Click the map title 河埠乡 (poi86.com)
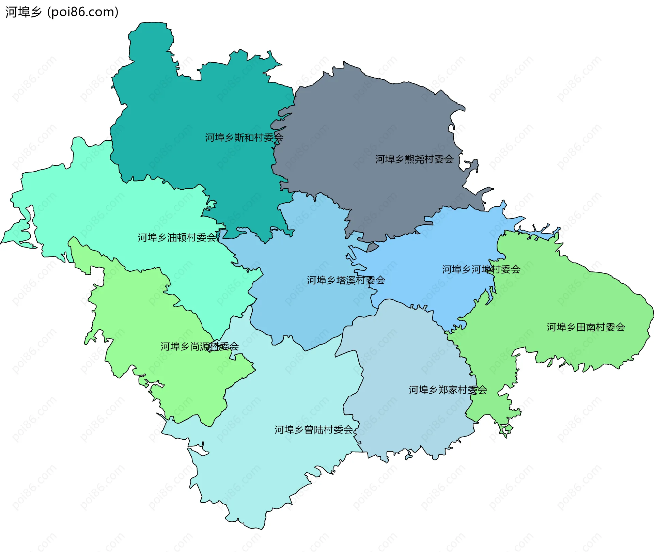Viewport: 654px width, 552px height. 62,12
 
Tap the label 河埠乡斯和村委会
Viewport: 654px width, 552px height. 244,138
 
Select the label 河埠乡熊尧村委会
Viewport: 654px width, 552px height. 414,159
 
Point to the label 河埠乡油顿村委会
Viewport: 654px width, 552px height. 177,237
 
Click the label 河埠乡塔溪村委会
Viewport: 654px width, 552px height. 346,280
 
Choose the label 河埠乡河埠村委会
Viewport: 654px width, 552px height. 481,269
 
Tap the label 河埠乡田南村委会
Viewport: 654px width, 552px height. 586,327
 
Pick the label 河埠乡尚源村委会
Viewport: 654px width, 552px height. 199,347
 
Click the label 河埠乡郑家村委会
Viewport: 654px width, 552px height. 448,390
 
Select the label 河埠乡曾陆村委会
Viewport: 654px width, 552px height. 313,430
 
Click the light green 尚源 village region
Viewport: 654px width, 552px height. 143,306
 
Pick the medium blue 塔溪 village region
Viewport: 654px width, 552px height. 307,306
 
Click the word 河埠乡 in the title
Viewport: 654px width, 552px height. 23,12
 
